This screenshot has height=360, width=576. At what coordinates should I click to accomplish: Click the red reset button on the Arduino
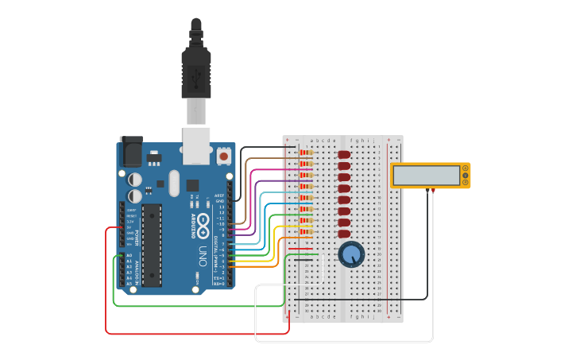click(224, 157)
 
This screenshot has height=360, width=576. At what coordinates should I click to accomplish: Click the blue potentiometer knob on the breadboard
click(351, 254)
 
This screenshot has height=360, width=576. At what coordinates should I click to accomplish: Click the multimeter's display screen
click(427, 175)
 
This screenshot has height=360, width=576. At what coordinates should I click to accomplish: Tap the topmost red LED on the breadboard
click(344, 154)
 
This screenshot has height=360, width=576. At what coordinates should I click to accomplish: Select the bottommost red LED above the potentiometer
click(344, 234)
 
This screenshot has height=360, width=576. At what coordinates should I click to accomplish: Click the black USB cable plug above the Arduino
click(195, 64)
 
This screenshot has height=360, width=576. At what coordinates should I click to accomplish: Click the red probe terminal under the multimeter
click(433, 191)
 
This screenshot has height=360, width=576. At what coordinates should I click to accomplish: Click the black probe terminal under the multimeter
click(427, 191)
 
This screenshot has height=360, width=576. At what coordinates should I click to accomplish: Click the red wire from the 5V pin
click(106, 286)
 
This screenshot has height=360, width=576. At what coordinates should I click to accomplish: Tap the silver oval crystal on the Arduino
click(173, 184)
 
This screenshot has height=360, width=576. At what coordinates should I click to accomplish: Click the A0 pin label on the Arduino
click(129, 255)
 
